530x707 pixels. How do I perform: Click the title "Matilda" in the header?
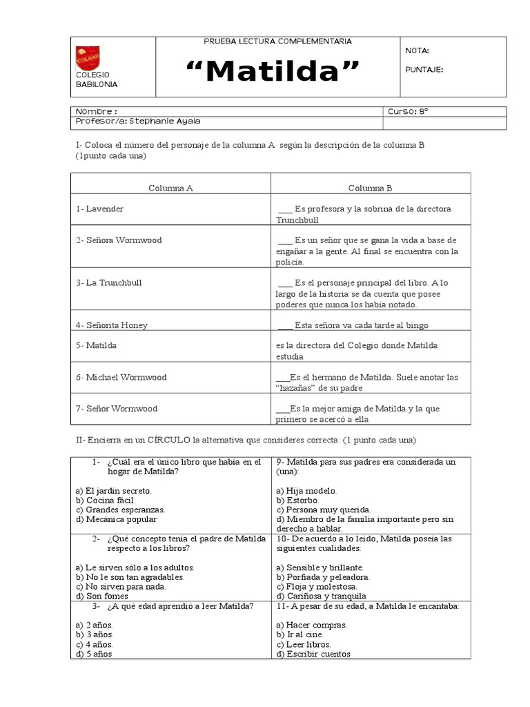275,72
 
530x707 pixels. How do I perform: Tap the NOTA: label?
417,50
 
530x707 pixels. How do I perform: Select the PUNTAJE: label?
424,69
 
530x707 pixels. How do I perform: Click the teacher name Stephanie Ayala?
138,122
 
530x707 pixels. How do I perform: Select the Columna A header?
170,188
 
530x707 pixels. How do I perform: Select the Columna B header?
370,188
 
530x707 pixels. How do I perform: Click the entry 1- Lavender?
100,209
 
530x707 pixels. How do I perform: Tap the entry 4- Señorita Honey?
112,325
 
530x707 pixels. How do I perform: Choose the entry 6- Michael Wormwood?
121,378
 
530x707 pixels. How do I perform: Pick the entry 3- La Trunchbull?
108,283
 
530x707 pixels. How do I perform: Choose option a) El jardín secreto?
113,490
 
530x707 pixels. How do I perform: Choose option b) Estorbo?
297,500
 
